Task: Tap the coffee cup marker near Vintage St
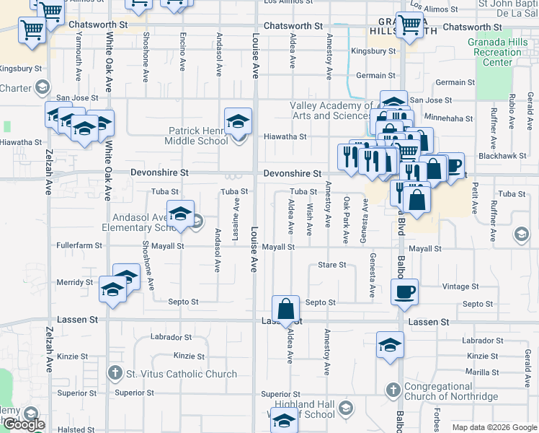pyautogui.click(x=404, y=291)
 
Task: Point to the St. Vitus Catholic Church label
pyautogui.click(x=181, y=374)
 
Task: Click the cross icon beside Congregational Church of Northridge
pyautogui.click(x=393, y=390)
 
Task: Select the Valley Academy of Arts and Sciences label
pyautogui.click(x=331, y=110)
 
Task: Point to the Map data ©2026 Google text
pyautogui.click(x=494, y=427)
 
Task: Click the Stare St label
pyautogui.click(x=332, y=266)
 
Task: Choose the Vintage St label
pyautogui.click(x=456, y=287)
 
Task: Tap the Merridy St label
pyautogui.click(x=75, y=282)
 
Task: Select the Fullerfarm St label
pyautogui.click(x=79, y=246)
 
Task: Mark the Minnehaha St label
pyautogui.click(x=449, y=118)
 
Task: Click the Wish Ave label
pyautogui.click(x=309, y=219)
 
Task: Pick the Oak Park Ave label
pyautogui.click(x=347, y=219)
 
